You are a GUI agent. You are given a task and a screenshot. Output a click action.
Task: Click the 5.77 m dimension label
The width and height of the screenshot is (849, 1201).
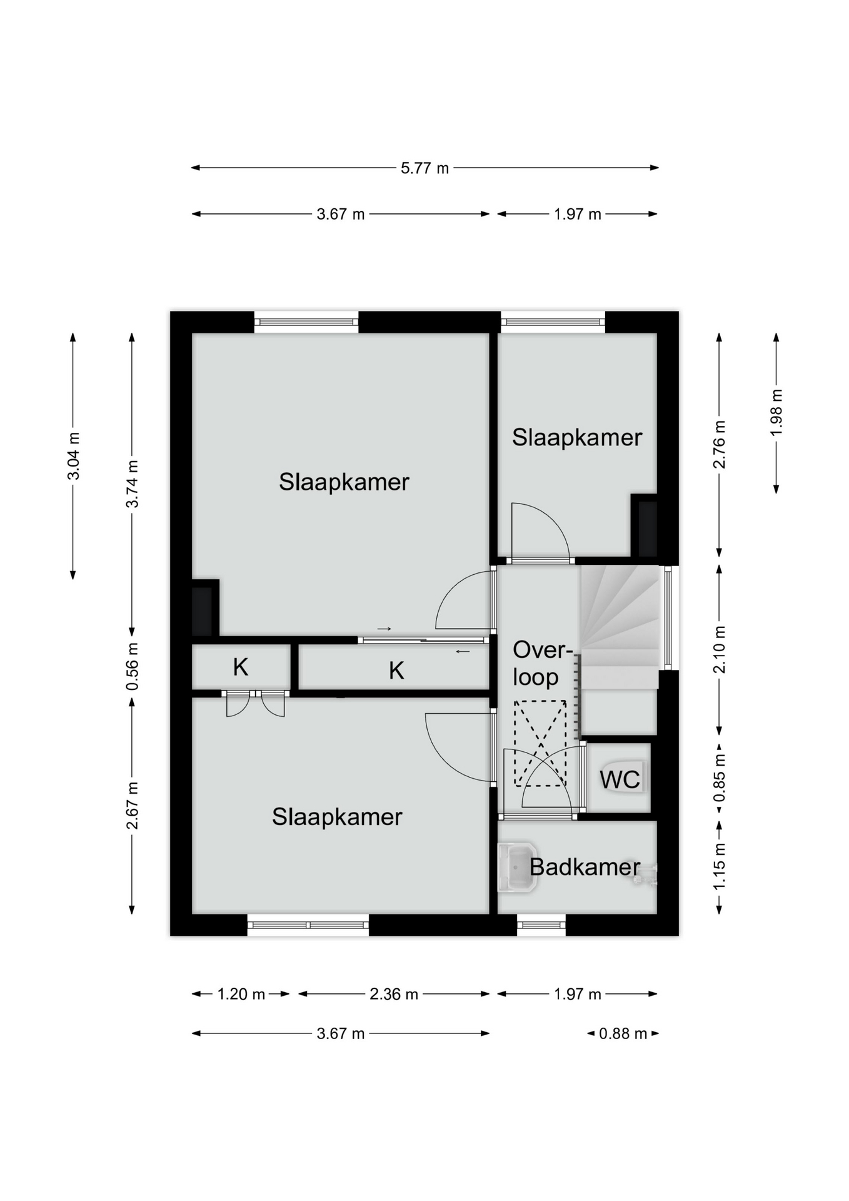(x=424, y=168)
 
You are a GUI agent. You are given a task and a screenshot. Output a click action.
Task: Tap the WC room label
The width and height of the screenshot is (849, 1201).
(x=620, y=780)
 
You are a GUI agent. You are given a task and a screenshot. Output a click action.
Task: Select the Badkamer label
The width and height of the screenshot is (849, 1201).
(x=585, y=867)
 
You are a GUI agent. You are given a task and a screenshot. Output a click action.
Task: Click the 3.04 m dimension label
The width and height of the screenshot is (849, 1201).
(x=74, y=456)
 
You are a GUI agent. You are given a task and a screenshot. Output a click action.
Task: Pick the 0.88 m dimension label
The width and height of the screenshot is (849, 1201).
(x=623, y=1033)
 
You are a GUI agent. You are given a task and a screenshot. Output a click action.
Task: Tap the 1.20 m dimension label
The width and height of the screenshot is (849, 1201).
(x=241, y=994)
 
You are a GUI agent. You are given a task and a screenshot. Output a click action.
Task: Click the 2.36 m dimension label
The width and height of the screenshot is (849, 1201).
(x=393, y=994)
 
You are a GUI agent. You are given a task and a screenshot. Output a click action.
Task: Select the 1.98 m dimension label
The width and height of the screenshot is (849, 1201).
(x=776, y=413)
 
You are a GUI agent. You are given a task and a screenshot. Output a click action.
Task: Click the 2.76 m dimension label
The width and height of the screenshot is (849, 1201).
(x=720, y=444)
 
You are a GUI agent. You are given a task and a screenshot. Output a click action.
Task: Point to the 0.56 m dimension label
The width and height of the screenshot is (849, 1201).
(x=132, y=667)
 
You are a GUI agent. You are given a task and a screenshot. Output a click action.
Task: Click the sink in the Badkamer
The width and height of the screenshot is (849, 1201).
(x=517, y=868)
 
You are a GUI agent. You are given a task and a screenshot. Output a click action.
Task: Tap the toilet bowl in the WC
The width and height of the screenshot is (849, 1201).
(x=625, y=778)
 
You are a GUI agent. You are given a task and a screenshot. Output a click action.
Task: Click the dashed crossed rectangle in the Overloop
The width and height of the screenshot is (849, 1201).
(x=540, y=744)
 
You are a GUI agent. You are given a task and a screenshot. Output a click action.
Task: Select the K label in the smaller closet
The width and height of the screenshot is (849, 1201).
(x=241, y=667)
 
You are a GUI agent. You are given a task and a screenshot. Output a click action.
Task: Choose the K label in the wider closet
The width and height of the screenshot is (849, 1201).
(x=396, y=671)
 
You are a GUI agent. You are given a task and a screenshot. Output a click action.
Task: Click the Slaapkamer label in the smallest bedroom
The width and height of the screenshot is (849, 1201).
(x=577, y=437)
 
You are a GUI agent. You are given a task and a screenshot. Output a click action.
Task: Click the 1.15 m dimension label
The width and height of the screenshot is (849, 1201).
(x=720, y=866)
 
